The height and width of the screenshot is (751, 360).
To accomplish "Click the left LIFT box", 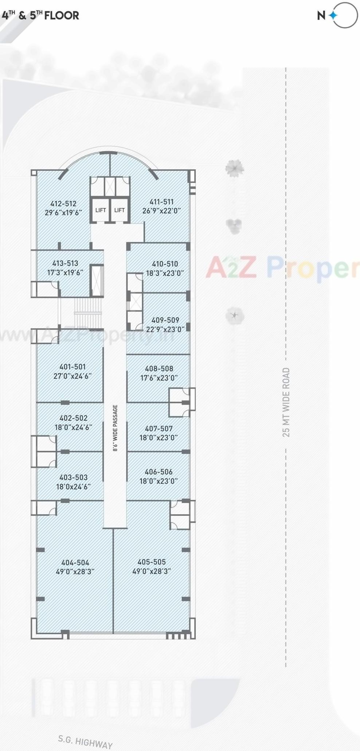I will pyautogui.click(x=100, y=210).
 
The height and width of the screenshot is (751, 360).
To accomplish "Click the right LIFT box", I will pyautogui.click(x=120, y=210).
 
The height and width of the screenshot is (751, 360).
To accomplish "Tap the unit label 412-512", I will pyautogui.click(x=63, y=204).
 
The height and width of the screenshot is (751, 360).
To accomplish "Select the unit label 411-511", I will pyautogui.click(x=161, y=202).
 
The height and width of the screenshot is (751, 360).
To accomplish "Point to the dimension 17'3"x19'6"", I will pyautogui.click(x=65, y=272).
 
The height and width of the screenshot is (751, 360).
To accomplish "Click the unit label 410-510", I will pyautogui.click(x=165, y=264).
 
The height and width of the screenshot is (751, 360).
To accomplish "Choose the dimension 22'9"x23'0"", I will pyautogui.click(x=165, y=329).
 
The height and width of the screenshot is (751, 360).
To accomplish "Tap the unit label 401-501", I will pyautogui.click(x=73, y=367).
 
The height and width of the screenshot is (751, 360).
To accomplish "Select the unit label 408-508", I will pyautogui.click(x=159, y=369).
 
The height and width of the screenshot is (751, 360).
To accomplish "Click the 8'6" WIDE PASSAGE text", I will pyautogui.click(x=115, y=428).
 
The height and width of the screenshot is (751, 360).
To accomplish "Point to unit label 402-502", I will pyautogui.click(x=73, y=418).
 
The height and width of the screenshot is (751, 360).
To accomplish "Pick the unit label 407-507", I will pyautogui.click(x=159, y=429).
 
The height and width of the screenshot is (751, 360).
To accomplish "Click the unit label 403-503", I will pyautogui.click(x=73, y=477).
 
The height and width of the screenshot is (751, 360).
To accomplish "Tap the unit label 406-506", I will pyautogui.click(x=159, y=472).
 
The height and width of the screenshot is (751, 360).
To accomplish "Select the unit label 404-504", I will pyautogui.click(x=75, y=563).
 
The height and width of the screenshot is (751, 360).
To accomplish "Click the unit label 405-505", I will pyautogui.click(x=152, y=562).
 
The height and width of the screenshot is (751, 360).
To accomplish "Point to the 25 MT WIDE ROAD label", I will pyautogui.click(x=286, y=402).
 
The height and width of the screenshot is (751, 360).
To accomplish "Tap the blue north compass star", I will pyautogui.click(x=333, y=15).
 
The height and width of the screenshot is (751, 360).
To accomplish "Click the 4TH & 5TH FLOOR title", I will pyautogui.click(x=40, y=15).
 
